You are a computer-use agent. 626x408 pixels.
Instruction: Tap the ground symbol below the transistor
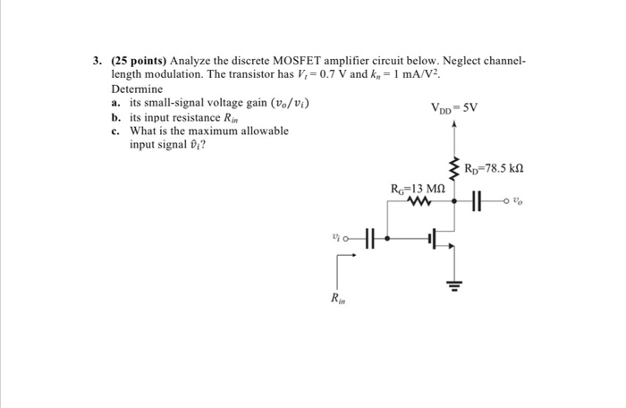(454, 286)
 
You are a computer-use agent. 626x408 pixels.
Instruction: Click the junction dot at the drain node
(454, 202)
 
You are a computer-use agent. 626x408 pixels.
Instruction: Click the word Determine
(138, 90)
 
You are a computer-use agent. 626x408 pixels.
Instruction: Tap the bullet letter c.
(116, 132)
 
